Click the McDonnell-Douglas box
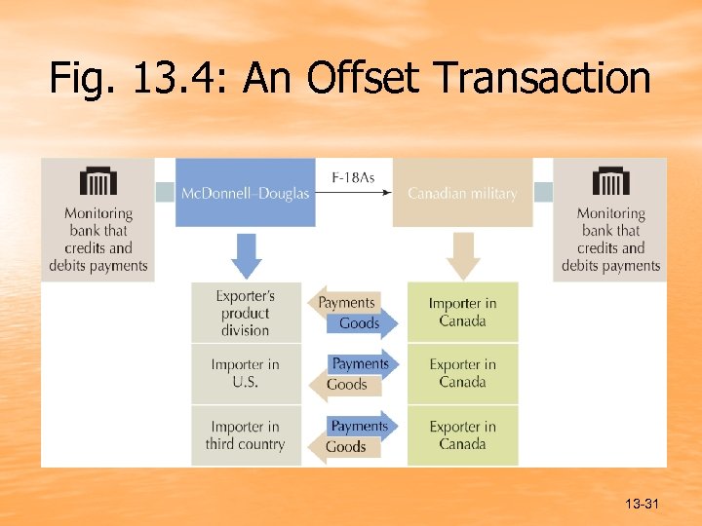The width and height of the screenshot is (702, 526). pos(245,193)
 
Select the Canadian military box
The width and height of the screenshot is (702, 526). pos(462,193)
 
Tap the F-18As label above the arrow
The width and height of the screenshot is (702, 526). pos(353,178)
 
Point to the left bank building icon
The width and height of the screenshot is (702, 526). pos(97,181)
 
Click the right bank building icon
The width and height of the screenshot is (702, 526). pos(610,181)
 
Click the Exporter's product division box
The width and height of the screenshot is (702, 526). pos(246,313)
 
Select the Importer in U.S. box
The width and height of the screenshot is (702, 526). pos(245,373)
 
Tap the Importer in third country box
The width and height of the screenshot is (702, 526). pos(245,435)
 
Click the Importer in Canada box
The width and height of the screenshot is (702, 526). pos(462,313)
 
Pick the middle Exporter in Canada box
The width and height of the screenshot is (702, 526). pos(462,373)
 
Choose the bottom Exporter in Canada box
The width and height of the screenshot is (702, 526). pos(462,435)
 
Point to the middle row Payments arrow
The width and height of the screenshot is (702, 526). pos(362,363)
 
